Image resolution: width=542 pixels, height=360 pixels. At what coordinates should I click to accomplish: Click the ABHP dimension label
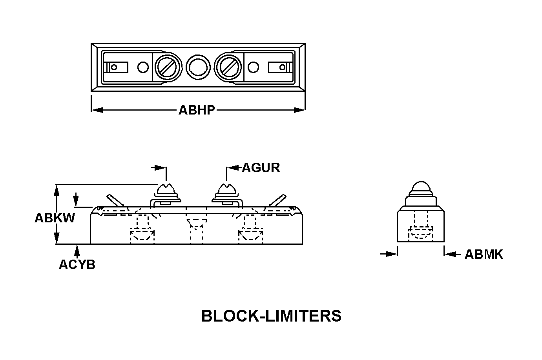(197, 110)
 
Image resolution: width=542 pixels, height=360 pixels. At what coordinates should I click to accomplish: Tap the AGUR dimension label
(261, 168)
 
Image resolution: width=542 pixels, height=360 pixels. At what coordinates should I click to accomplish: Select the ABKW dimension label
(55, 218)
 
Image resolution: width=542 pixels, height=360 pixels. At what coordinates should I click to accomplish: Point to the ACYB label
(77, 265)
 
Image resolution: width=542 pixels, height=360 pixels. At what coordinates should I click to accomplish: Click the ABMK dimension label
(484, 255)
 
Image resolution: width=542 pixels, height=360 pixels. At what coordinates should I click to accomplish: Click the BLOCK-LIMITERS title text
(271, 316)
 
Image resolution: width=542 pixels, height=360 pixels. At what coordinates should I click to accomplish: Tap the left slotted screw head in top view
(168, 67)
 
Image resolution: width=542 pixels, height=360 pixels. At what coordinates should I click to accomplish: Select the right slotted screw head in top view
(228, 67)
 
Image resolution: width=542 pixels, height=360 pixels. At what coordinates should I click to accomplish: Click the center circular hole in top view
(198, 67)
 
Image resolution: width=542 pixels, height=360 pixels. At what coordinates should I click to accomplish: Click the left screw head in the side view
(166, 191)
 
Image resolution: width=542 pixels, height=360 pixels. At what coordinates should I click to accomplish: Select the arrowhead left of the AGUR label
(233, 168)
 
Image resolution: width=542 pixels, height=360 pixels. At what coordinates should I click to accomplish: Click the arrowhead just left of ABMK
(450, 254)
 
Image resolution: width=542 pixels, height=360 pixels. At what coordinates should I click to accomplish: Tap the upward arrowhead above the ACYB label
(77, 249)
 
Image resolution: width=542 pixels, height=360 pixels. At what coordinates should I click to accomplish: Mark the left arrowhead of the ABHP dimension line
(97, 110)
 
